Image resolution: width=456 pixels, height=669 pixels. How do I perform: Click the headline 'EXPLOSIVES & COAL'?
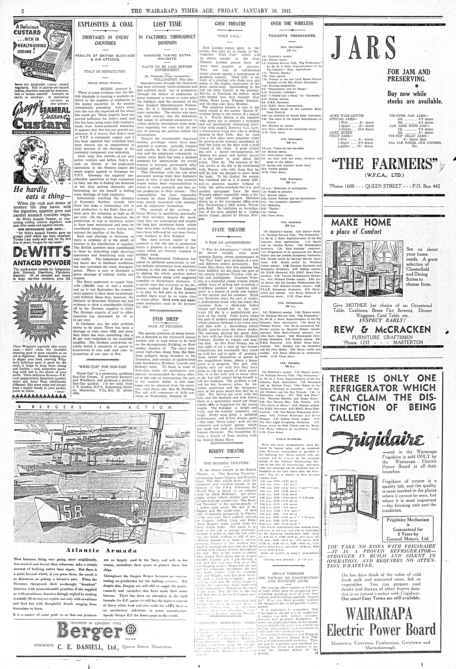tap(105, 24)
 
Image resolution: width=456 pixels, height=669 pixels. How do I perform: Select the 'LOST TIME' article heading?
tap(167, 24)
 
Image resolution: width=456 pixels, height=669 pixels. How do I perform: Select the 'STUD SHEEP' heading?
tap(165, 319)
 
